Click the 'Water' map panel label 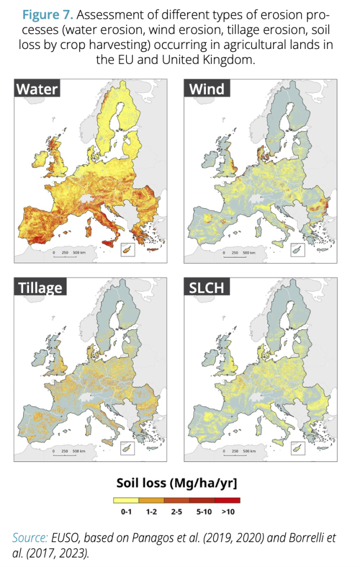(37, 88)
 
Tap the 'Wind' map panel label (207, 88)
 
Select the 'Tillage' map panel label (40, 287)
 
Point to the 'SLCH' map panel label (208, 287)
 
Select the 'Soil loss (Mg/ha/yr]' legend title (177, 483)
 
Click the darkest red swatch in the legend (227, 500)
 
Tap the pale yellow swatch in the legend (126, 500)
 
